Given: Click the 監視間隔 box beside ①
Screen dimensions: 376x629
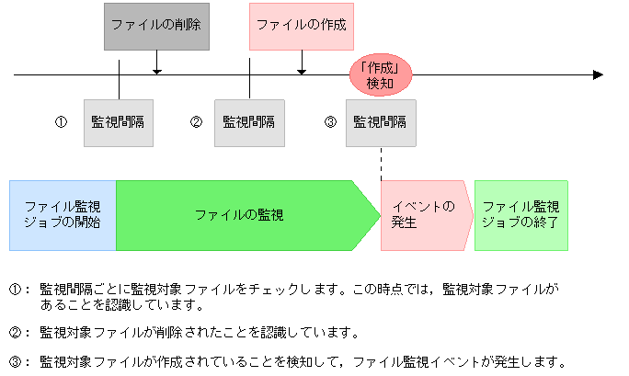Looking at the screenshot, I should tap(118, 122).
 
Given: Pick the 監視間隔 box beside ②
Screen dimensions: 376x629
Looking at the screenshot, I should tap(249, 122).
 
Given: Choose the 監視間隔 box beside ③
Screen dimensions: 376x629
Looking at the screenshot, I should tap(381, 122).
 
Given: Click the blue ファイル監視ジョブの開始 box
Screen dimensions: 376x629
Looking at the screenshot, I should tap(63, 215).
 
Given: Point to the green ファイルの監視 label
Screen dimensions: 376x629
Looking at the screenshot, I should tap(239, 215).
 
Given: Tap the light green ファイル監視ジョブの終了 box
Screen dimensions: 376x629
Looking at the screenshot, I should tap(520, 215).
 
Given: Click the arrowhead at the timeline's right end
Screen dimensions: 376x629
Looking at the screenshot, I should tap(598, 74).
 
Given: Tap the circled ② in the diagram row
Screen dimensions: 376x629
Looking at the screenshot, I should tap(196, 122).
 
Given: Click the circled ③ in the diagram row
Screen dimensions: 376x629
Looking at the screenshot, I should tap(330, 122).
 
